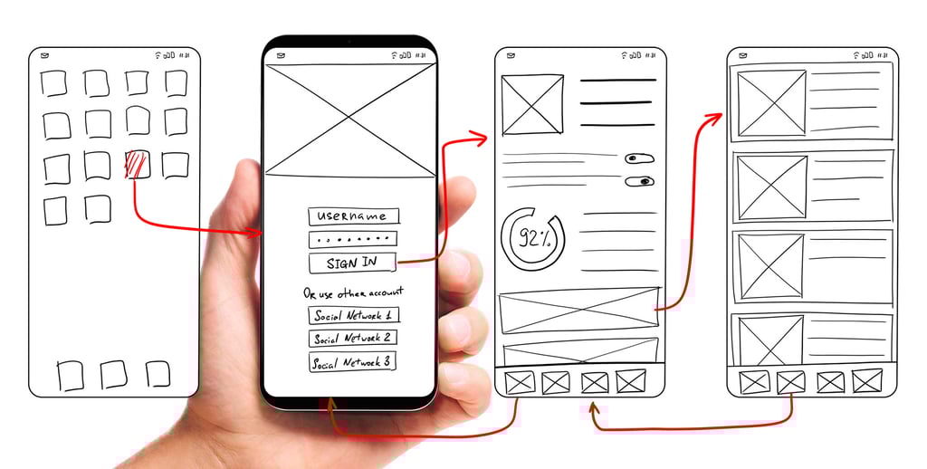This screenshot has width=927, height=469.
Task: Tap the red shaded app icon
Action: (137, 165)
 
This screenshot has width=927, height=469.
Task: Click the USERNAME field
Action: (353, 216)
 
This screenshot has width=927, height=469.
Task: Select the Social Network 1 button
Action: (353, 316)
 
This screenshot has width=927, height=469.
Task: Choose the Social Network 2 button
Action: (353, 339)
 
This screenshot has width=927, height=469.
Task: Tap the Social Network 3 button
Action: (352, 362)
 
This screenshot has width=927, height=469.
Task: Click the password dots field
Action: (353, 240)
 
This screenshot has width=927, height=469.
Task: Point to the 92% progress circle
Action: (531, 239)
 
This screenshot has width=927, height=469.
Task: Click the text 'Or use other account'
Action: (353, 292)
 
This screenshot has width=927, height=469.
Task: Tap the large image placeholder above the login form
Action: (349, 121)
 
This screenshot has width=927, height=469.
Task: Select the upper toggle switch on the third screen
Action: (639, 158)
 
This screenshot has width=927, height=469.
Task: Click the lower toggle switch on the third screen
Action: (639, 181)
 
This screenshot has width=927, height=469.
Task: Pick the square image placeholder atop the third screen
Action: (532, 105)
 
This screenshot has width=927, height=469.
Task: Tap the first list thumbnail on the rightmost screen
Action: (771, 103)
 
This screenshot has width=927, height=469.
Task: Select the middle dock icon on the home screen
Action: (113, 374)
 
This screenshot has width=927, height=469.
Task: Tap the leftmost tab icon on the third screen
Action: (520, 382)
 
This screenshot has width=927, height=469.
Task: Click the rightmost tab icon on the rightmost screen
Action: (866, 381)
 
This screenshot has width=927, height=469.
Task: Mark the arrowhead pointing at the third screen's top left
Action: (481, 139)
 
